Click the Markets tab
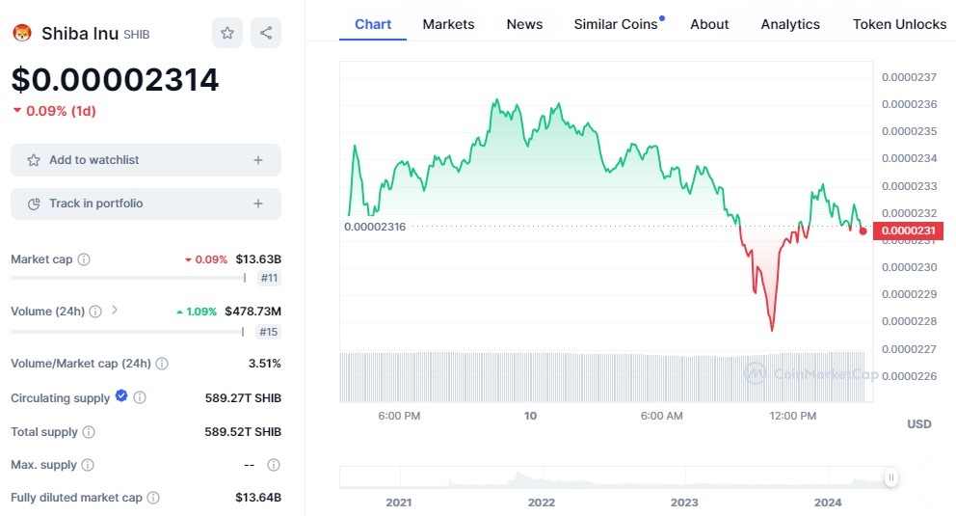pos(448,24)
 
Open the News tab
pos(524,24)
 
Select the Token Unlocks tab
pos(899,24)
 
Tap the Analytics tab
pos(790,24)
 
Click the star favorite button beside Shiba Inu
pos(227,33)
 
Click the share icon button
pos(266,33)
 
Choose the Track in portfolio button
pos(146,204)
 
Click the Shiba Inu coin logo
pos(21,34)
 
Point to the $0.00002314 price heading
pos(115,79)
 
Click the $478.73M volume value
pos(252,312)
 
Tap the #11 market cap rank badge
pos(269,278)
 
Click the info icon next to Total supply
pos(89,432)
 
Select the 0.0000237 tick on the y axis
pos(909,77)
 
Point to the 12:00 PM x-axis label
pos(793,416)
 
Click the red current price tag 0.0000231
pos(909,231)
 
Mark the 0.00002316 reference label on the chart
pos(375,227)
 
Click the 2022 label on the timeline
pos(542,502)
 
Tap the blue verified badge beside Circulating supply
pos(121,396)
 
